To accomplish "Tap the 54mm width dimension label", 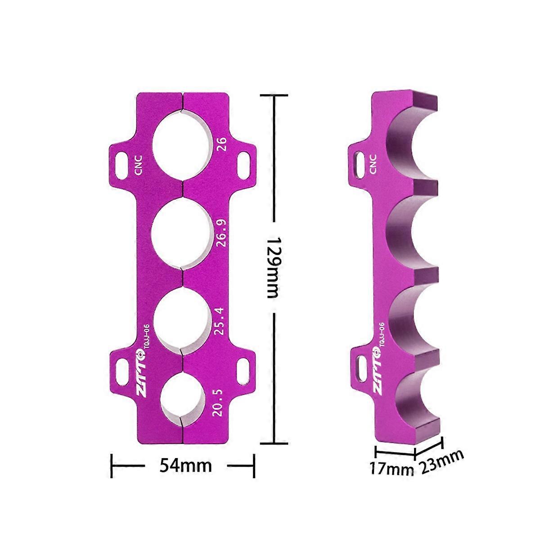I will (185, 465).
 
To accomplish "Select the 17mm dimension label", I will (391, 469).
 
